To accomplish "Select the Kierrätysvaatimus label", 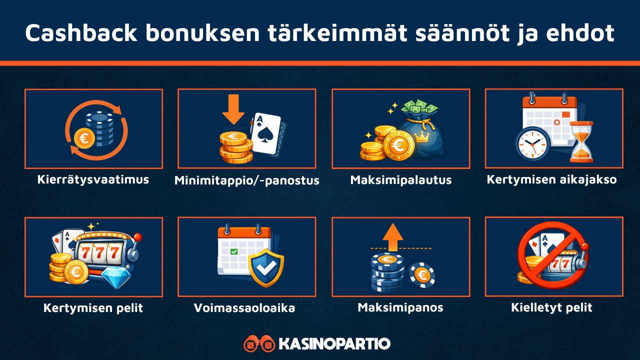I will pos(93,179).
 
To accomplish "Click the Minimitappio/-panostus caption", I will pos(246,180).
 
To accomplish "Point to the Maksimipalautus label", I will pos(400,179).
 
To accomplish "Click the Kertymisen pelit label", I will pos(93,308).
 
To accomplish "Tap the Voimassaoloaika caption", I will pos(244,308).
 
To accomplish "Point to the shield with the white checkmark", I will pos(265,267).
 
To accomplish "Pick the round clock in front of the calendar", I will pos(532,143).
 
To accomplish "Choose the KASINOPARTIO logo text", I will pos(334,344).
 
